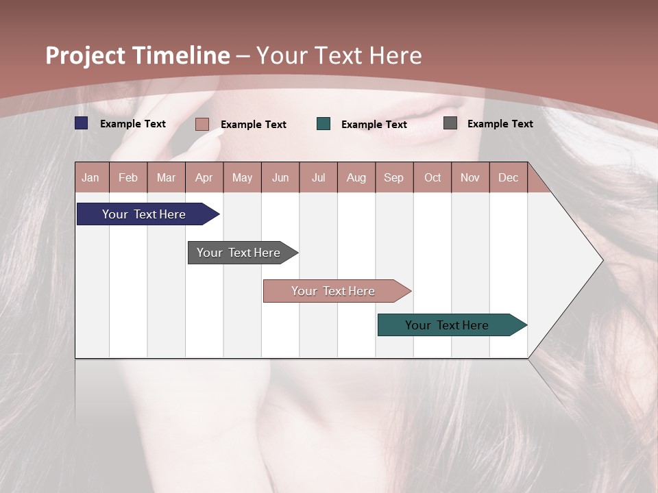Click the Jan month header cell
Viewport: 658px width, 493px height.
(91, 177)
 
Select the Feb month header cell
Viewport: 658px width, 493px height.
(128, 177)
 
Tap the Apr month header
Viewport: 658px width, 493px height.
(204, 177)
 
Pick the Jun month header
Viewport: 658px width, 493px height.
(280, 177)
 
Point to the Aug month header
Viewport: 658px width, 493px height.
(356, 177)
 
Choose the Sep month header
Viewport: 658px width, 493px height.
(394, 177)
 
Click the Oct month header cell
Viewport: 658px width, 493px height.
(432, 177)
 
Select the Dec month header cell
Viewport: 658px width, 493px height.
(509, 177)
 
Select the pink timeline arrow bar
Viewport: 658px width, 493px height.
(334, 291)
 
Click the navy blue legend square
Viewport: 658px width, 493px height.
(82, 123)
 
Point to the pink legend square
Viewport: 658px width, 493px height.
(202, 124)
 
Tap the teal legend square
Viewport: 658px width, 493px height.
(324, 124)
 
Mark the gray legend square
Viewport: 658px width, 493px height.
(450, 123)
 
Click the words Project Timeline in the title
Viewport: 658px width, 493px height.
(138, 55)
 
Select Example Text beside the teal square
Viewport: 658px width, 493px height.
(374, 125)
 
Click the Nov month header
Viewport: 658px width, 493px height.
(470, 177)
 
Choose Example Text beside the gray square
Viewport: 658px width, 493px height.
(500, 124)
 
